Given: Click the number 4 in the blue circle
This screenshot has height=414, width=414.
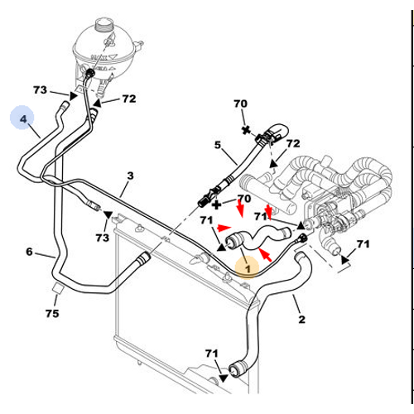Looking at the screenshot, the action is coord(23,119).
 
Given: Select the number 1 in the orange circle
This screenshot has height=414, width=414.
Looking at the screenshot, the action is coord(248,269).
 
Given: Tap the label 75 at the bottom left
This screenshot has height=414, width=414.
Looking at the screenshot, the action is coord(52,314).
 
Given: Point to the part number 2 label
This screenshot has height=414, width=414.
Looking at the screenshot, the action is coord(301,320).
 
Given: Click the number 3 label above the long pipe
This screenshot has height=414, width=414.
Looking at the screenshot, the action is coord(130,176).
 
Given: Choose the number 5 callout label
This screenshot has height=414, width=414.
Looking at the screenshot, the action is coord(218,145).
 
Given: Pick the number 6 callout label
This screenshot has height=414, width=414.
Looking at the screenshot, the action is coord(29,252).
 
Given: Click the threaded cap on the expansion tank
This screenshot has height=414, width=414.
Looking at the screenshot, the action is coord(103,25).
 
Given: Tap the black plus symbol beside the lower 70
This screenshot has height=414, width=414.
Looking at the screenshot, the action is coord(217,205).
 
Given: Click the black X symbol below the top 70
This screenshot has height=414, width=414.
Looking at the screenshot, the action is coord(246,130).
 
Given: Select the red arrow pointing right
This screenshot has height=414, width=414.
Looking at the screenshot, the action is coord(224,228).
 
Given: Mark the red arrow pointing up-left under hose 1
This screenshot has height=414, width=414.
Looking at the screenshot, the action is coord(266,255).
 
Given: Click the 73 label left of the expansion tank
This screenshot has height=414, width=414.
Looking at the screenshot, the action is coord(40,89).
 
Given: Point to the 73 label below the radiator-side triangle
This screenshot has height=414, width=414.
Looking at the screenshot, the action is coord(103,238).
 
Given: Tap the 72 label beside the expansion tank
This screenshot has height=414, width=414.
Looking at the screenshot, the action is coord(129,99).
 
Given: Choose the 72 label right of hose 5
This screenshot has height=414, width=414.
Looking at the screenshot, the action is coord(293,143).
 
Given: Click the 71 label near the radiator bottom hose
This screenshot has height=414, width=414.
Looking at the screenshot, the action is coord(212,354).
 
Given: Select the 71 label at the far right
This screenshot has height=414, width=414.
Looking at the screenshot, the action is coord(363,244).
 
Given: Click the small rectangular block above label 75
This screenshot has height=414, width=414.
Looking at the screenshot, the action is coord(57,289).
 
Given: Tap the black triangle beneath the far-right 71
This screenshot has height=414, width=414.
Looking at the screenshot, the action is coord(344,259).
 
